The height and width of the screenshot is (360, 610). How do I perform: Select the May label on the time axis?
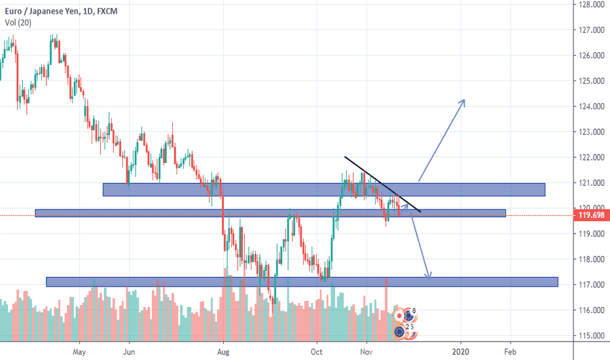pos(79,350)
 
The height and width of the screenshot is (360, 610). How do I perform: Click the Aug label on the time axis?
pos(223,350)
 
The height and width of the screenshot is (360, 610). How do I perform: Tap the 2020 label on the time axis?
pos(461,350)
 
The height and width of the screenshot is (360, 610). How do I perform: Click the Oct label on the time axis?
pos(317,350)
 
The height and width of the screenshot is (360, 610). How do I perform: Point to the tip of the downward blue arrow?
pos(429,278)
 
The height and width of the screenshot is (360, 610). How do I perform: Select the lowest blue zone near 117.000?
pos(302,281)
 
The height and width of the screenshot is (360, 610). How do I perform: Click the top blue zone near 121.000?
pos(324,189)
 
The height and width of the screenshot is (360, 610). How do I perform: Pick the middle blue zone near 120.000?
pos(270,213)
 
